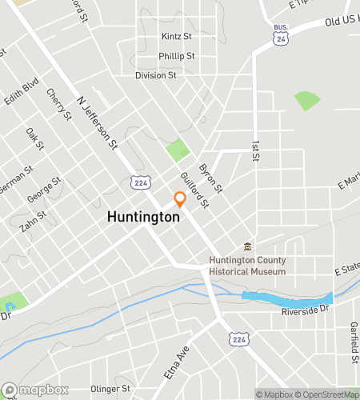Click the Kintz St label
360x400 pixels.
click(177, 37)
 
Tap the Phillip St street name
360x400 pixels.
click(177, 56)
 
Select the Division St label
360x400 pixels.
click(155, 75)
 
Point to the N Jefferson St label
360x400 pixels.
click(98, 124)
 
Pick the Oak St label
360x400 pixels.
click(34, 138)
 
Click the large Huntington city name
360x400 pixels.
click(143, 217)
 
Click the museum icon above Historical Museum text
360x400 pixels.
click(247, 246)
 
